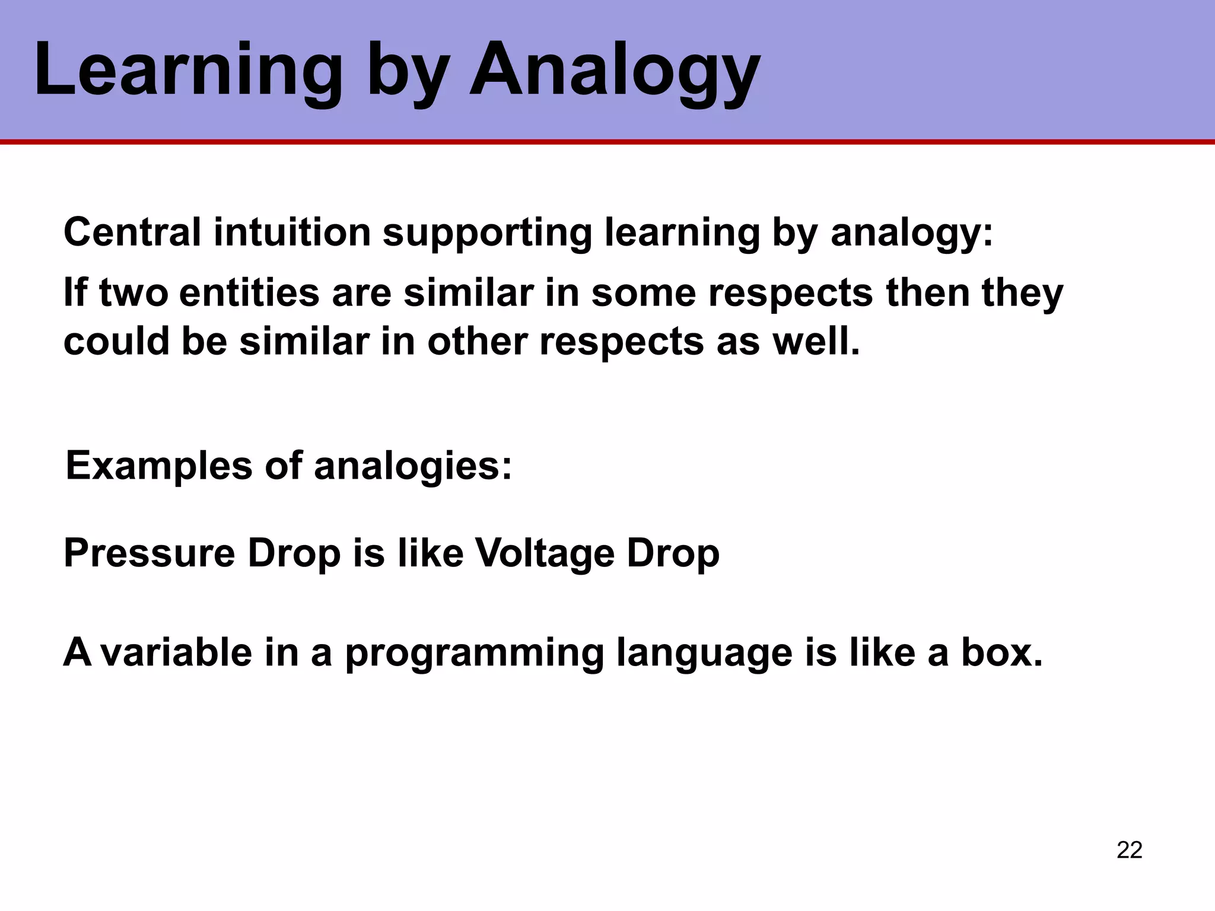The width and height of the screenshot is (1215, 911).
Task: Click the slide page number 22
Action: tap(1129, 850)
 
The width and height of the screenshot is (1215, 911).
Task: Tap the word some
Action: tap(643, 293)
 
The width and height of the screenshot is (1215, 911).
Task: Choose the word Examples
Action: tap(159, 467)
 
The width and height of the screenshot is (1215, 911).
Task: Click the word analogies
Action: tap(412, 467)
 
